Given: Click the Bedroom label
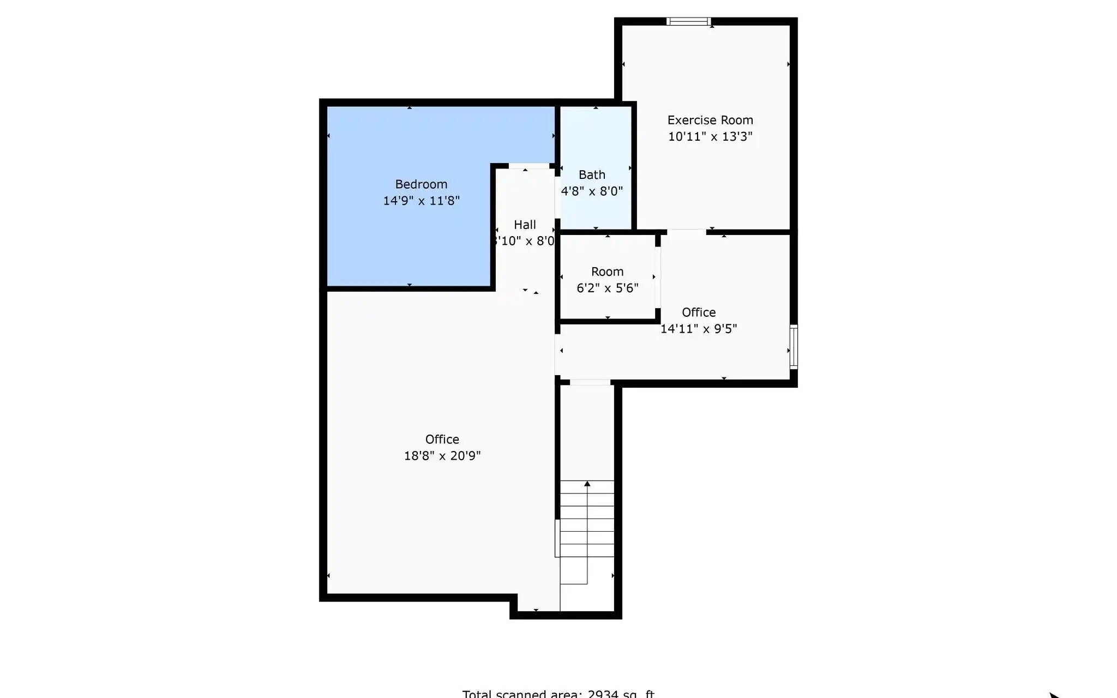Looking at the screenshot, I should [421, 184].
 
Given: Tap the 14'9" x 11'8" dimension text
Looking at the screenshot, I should [421, 201].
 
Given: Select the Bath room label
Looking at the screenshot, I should [592, 175].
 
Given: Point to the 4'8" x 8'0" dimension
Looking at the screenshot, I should [592, 191].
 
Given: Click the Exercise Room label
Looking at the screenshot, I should [710, 120].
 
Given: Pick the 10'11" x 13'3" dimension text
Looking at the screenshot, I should [710, 136].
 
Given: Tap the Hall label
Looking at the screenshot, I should [525, 225].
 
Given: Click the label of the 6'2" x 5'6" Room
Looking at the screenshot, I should [607, 272].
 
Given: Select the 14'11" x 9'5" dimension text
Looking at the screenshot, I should [699, 329].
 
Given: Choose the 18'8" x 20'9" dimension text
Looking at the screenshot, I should [442, 456].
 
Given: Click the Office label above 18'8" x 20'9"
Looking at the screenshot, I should [442, 440].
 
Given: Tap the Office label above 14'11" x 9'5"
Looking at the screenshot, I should [699, 312].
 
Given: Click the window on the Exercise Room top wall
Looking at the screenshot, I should [688, 22].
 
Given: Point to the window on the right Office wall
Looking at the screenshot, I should [794, 347].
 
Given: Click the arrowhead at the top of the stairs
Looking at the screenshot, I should [587, 484].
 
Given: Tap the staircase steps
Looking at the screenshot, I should [587, 518].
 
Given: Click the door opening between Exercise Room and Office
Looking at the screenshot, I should [686, 232].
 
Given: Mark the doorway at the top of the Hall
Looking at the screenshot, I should [529, 166].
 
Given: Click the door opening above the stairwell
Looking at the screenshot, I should [590, 382].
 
